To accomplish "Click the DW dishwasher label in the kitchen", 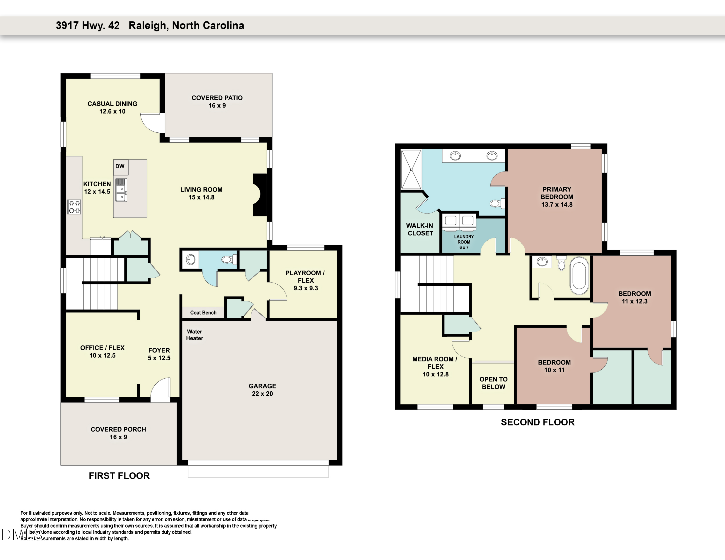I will [120, 166].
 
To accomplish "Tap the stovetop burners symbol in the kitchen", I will [74, 207].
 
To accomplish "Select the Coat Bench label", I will [203, 313].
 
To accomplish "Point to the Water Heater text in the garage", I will [195, 335].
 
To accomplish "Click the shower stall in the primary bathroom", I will [411, 170].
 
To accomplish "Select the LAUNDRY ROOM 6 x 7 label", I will [464, 242].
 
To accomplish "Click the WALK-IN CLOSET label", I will [420, 229].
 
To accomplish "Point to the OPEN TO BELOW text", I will [493, 383].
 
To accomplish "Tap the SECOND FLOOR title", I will [537, 422].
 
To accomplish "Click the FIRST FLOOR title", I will [119, 476].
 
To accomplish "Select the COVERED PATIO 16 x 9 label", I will [217, 101].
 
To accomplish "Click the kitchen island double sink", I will [121, 193].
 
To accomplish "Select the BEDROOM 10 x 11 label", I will [554, 366].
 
